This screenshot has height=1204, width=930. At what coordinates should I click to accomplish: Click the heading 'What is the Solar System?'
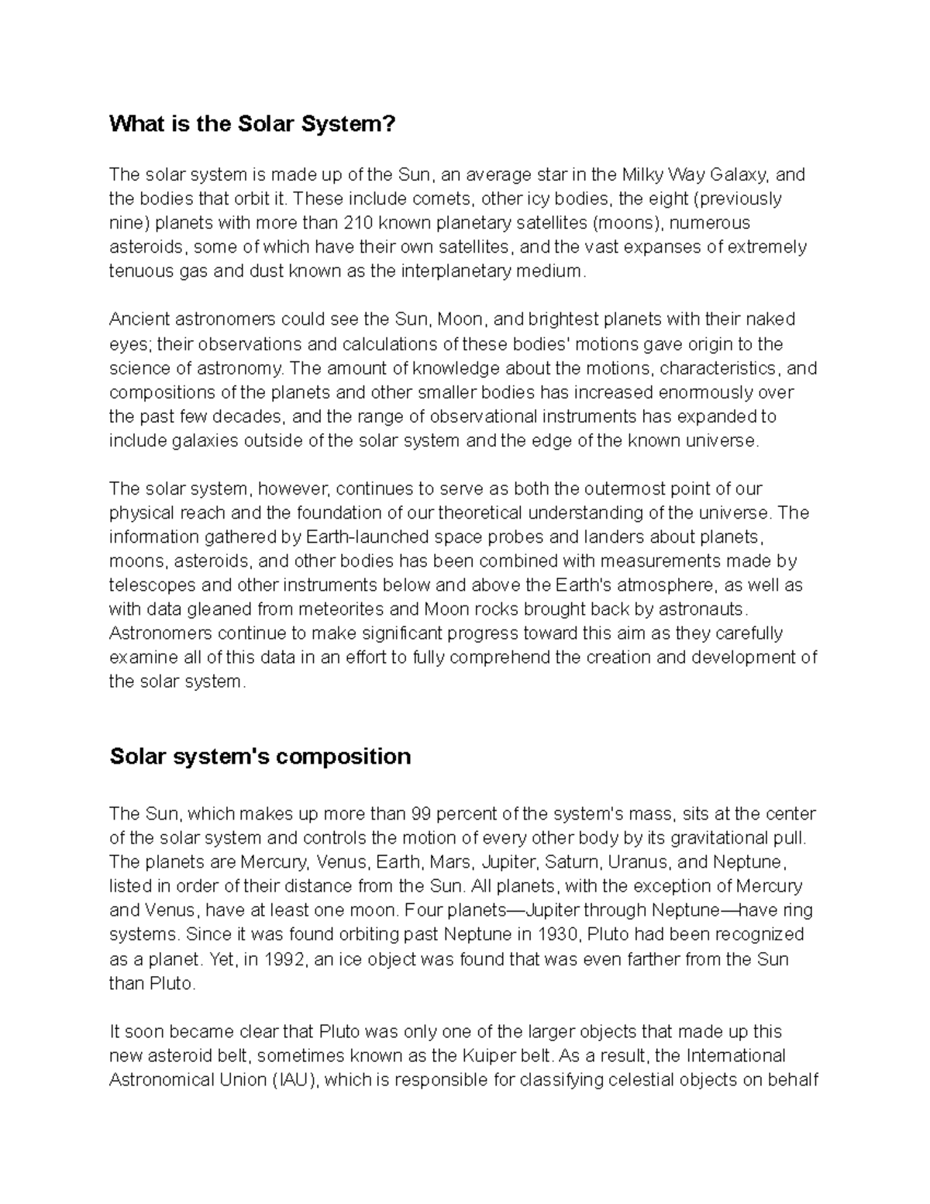coord(252,123)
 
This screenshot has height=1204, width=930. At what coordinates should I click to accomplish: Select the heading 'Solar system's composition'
coord(260,756)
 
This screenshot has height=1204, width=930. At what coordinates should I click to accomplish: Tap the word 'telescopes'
coord(150,585)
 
